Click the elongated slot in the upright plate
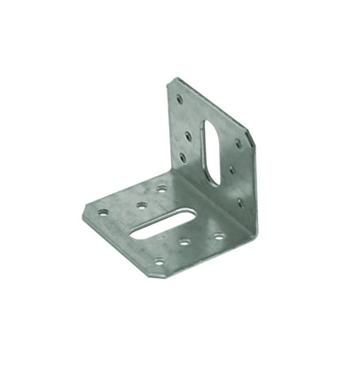coord(212,152)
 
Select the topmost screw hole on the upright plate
coord(180,99)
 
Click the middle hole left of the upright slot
coord(188,136)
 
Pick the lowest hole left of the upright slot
coord(183,158)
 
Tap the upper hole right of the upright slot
coord(237,144)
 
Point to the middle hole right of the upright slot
coord(231,169)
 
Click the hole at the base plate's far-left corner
coord(104,213)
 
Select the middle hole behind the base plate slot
coord(141,205)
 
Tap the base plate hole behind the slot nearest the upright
coord(162,188)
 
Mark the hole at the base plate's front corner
coord(159,261)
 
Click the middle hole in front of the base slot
coord(184,242)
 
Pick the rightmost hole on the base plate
coord(218,236)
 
